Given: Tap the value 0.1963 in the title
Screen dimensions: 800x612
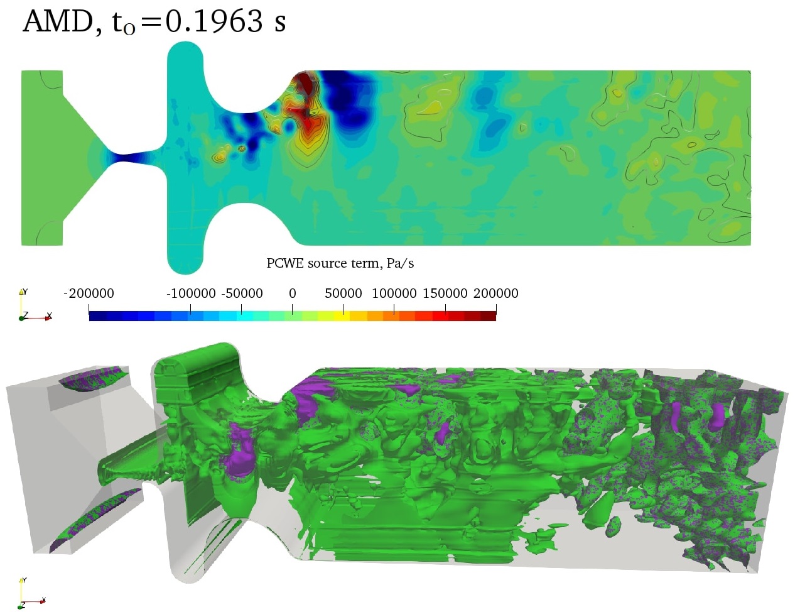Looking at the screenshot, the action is [214, 21].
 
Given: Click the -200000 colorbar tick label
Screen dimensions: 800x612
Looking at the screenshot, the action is [89, 293].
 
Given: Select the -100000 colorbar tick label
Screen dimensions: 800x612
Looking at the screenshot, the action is [191, 293].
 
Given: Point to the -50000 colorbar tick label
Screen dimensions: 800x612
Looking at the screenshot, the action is [242, 293].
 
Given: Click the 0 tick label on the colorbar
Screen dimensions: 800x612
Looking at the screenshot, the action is [292, 293].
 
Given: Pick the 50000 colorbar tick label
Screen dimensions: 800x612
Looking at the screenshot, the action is [343, 293].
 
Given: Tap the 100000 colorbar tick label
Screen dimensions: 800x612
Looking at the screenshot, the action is [394, 293].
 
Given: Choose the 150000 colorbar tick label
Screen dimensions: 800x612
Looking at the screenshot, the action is [445, 293].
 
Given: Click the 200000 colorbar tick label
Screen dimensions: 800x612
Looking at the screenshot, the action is [495, 293].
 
